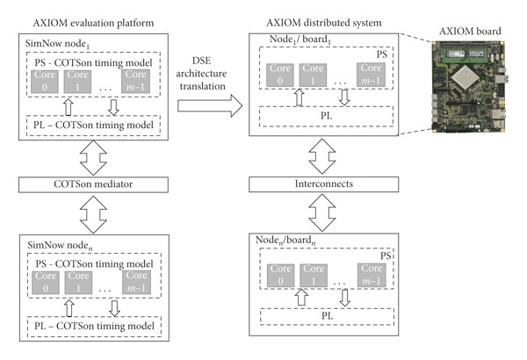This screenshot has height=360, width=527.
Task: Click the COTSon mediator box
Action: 93,184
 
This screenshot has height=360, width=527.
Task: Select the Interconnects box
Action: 323,184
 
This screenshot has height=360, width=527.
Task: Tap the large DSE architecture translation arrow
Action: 210,105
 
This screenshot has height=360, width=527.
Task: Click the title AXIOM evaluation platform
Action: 93,23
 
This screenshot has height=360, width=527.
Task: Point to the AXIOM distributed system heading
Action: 323,23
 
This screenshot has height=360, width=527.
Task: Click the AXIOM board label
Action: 470,32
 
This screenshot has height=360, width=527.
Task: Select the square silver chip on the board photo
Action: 465,79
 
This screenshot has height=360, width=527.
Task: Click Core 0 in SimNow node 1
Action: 45,82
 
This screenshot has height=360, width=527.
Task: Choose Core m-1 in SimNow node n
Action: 136,283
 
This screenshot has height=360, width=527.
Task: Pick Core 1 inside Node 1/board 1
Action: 313,75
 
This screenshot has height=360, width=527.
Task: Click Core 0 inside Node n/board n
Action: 281,276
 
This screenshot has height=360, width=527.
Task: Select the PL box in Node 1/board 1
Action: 326,116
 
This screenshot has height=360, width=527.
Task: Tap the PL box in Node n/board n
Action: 327,316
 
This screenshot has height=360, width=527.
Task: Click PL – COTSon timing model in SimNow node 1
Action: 93,126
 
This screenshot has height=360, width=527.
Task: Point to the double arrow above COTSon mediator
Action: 93,158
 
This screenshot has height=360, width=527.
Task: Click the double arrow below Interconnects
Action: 322,212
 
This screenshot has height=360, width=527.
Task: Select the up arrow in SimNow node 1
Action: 69,107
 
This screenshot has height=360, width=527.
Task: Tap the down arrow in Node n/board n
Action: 345,298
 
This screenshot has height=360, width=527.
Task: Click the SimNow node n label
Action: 60,246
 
